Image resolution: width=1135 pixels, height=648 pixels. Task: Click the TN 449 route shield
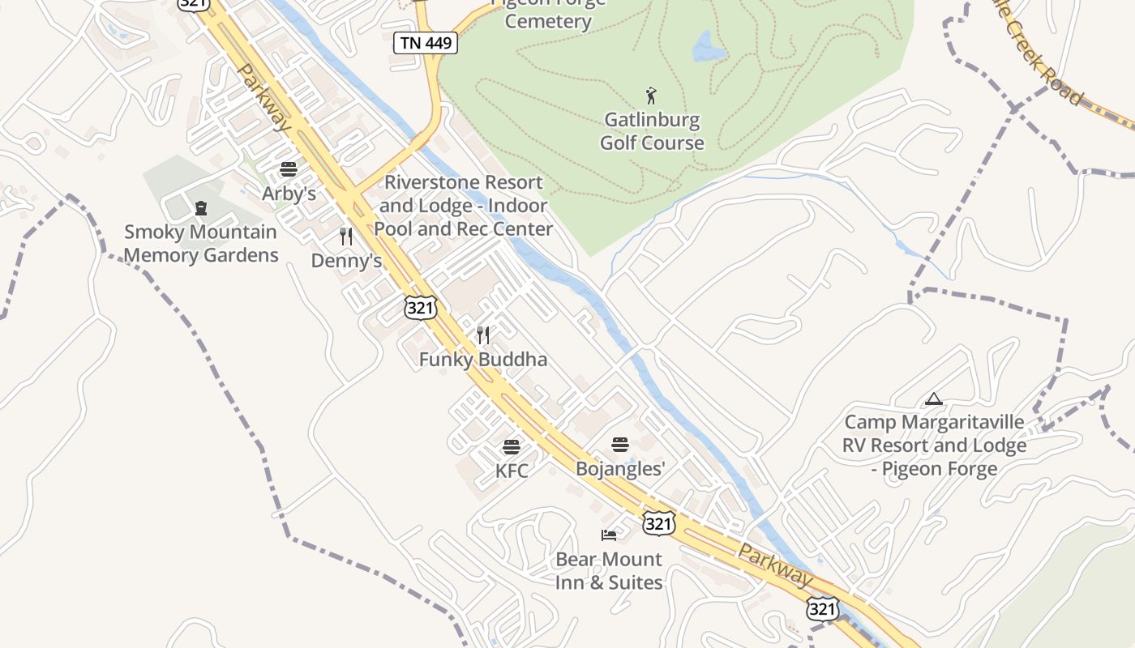pyautogui.click(x=426, y=43)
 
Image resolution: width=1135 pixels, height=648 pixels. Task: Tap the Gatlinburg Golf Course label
pyautogui.click(x=652, y=131)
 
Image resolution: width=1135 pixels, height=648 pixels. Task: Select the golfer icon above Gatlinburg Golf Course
pyautogui.click(x=651, y=96)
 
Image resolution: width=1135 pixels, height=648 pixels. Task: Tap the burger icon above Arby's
pyautogui.click(x=288, y=169)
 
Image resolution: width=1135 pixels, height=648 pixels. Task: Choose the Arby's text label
pyautogui.click(x=289, y=194)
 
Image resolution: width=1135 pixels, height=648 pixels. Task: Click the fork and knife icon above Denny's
pyautogui.click(x=346, y=237)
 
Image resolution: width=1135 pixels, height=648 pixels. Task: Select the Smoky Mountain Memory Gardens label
pyautogui.click(x=201, y=244)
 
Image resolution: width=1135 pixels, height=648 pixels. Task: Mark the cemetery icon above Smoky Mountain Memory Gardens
pyautogui.click(x=201, y=208)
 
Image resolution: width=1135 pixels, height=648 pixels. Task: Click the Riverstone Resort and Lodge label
pyautogui.click(x=463, y=206)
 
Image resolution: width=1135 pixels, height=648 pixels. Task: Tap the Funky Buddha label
pyautogui.click(x=483, y=359)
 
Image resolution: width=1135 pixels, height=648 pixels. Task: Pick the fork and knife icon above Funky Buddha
pyautogui.click(x=483, y=335)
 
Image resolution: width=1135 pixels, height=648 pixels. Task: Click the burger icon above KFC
pyautogui.click(x=511, y=446)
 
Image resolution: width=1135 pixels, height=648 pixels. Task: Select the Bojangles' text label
pyautogui.click(x=620, y=468)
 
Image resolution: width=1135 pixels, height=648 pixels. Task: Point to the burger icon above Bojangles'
pyautogui.click(x=620, y=444)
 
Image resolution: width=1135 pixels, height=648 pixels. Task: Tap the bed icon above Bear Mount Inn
pyautogui.click(x=609, y=535)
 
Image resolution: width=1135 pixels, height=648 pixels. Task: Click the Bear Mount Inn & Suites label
pyautogui.click(x=609, y=571)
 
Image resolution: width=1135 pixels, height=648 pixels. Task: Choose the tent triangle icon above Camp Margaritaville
pyautogui.click(x=934, y=399)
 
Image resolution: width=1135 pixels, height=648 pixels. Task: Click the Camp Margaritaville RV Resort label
pyautogui.click(x=934, y=445)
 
